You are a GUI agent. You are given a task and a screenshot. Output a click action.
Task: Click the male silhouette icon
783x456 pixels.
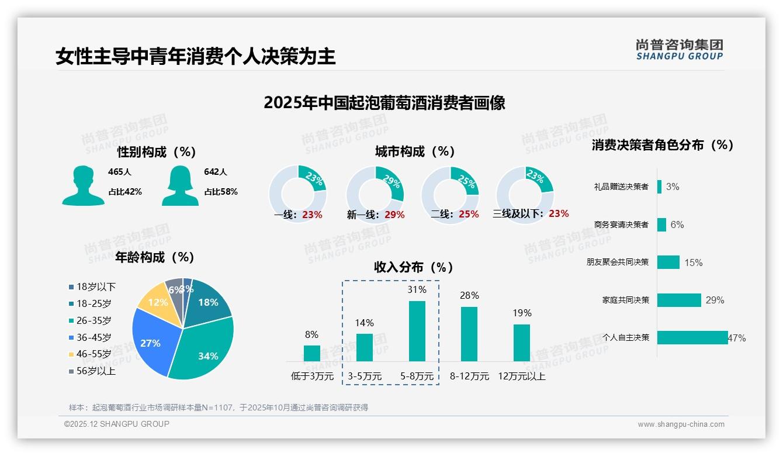(x=83, y=185)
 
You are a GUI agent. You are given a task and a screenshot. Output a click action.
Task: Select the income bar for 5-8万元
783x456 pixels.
(x=417, y=331)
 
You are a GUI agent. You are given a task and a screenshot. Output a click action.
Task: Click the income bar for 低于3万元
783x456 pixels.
(x=311, y=353)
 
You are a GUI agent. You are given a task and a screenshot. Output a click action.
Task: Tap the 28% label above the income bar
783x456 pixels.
(x=469, y=296)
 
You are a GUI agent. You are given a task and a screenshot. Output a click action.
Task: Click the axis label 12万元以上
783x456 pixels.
(x=521, y=376)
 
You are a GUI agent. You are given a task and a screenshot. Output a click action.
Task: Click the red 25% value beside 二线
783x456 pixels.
(x=469, y=215)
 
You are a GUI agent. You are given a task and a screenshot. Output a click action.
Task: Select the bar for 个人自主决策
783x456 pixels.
(x=692, y=337)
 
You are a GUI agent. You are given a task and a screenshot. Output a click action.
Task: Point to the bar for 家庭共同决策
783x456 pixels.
(x=678, y=300)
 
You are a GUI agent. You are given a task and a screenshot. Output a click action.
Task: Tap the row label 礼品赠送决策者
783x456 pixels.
(x=621, y=187)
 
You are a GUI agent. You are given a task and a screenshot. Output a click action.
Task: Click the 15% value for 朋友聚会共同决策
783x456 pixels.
(x=693, y=263)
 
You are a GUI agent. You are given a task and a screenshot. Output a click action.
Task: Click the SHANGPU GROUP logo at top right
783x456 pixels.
(x=679, y=50)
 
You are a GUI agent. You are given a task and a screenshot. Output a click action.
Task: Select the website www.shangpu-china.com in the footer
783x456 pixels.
(x=681, y=424)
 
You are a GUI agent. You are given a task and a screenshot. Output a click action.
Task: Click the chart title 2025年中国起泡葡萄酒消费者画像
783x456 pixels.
(x=384, y=103)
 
